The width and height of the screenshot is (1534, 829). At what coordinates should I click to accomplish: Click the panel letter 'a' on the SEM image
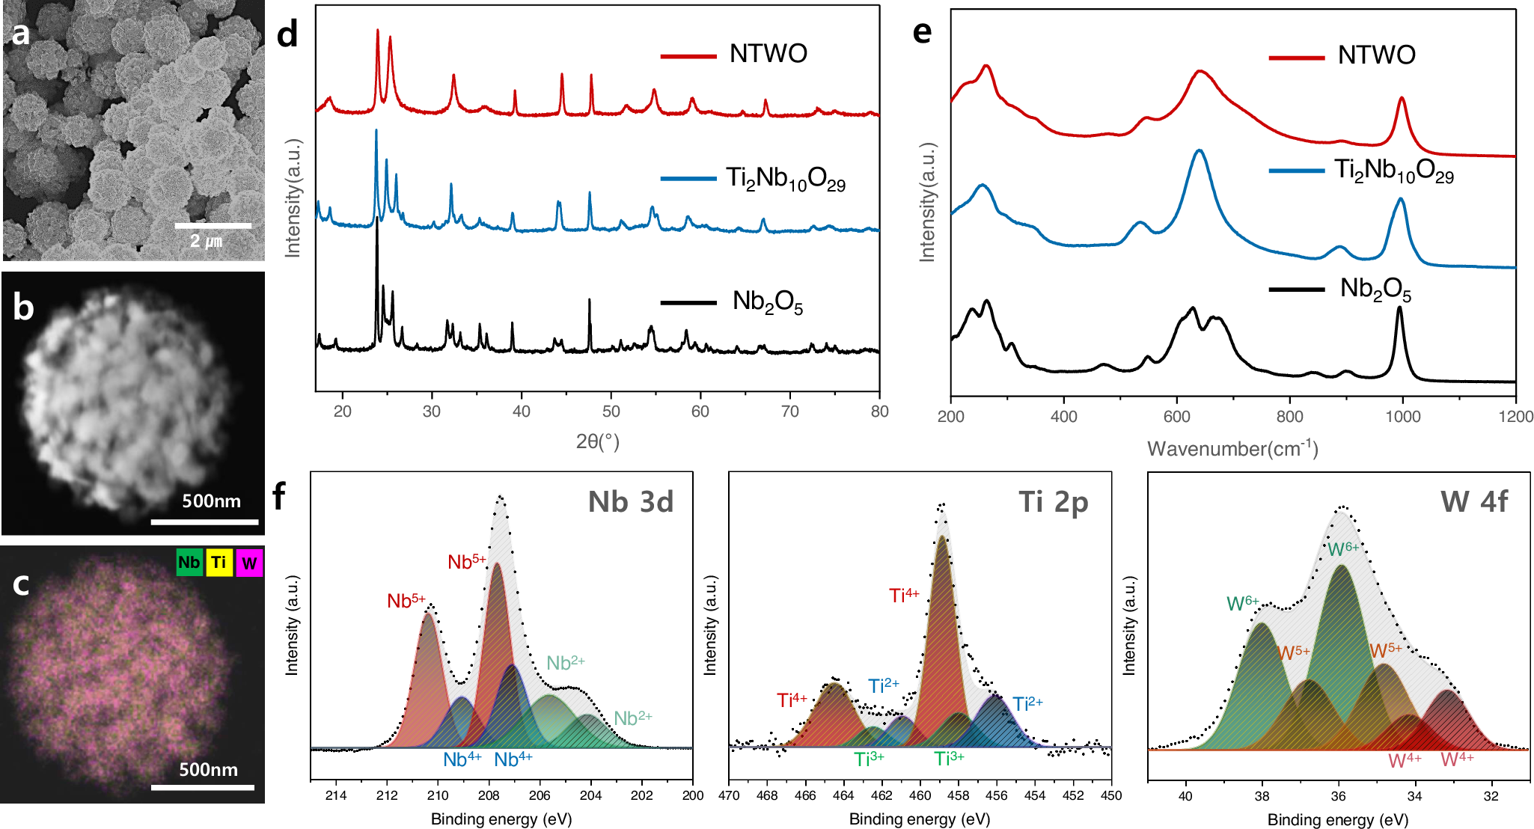click(x=21, y=34)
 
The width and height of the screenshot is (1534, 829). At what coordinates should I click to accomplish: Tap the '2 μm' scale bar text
click(x=206, y=241)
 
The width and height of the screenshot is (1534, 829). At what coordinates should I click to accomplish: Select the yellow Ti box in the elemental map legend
click(x=219, y=562)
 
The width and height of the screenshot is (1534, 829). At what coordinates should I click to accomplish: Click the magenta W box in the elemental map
click(x=249, y=563)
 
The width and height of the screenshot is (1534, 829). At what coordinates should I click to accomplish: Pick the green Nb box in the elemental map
click(x=189, y=562)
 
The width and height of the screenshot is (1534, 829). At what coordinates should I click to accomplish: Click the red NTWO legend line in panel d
click(x=688, y=55)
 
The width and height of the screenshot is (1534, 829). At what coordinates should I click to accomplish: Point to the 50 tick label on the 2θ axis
click(x=611, y=412)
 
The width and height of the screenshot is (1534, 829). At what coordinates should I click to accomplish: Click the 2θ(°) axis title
click(x=597, y=441)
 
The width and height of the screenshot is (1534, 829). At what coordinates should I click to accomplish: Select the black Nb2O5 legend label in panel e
click(x=1375, y=289)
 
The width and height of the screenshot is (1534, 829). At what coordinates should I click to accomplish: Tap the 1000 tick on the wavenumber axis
click(x=1402, y=417)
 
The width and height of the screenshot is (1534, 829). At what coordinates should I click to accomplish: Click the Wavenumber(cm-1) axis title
click(x=1232, y=448)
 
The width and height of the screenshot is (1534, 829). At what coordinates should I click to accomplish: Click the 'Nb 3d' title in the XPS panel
click(x=630, y=501)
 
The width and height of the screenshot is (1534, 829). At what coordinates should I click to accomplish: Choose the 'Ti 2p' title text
click(x=1053, y=501)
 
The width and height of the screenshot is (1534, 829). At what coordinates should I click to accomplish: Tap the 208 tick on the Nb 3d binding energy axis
click(x=489, y=795)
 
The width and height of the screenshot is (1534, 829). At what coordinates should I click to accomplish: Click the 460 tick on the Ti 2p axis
click(x=920, y=795)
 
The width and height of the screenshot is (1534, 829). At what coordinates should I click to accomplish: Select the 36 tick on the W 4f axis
click(x=1338, y=796)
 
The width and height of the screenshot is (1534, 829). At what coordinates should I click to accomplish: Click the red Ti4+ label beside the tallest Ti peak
click(x=904, y=596)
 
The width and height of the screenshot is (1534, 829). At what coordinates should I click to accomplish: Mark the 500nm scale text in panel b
click(x=211, y=501)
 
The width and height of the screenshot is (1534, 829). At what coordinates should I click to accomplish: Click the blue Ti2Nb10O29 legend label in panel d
click(x=786, y=179)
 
